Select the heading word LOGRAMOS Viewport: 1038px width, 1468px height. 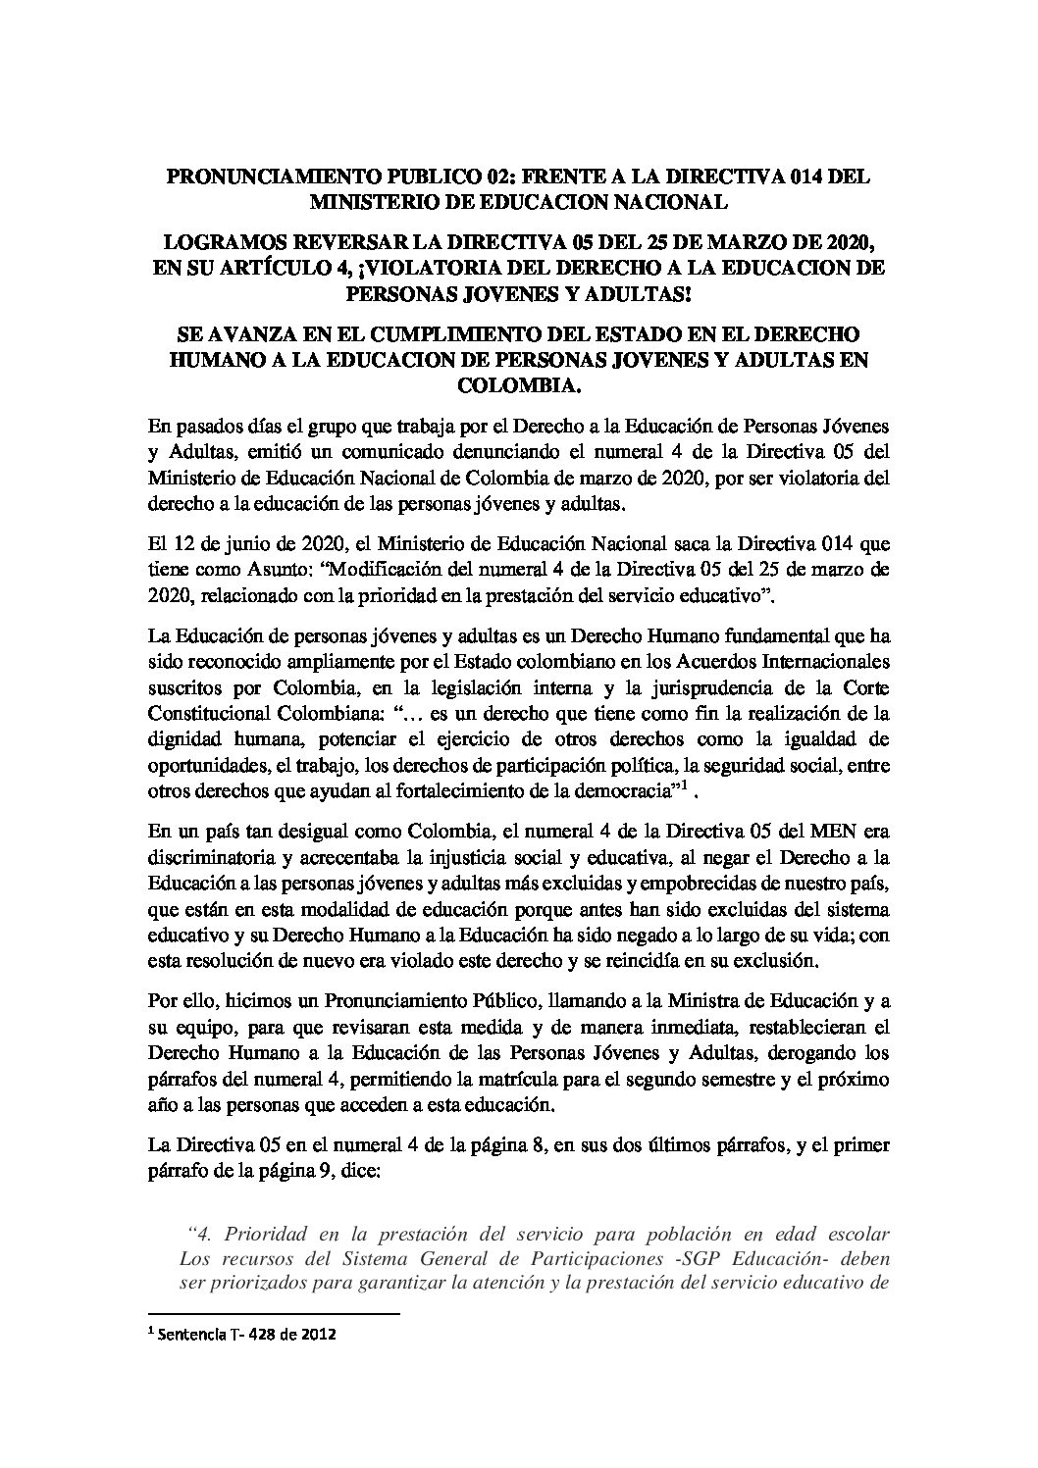(221, 241)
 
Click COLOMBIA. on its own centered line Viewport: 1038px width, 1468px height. (518, 384)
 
